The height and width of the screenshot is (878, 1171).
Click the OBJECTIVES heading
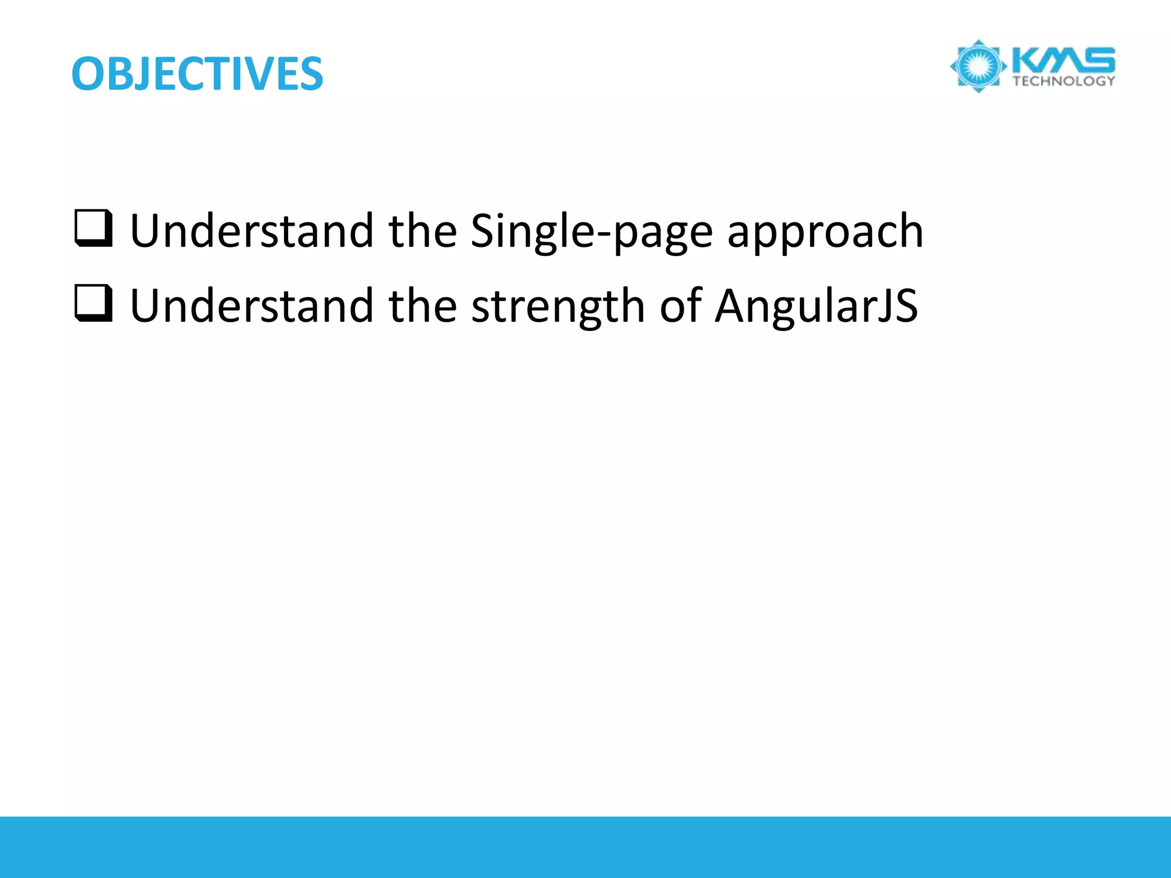[197, 74]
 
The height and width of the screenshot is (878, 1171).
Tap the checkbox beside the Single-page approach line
[93, 229]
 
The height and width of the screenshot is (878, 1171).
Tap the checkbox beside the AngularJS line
[93, 304]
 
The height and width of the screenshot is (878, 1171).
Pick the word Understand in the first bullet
[252, 231]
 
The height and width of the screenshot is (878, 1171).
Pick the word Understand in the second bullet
[252, 306]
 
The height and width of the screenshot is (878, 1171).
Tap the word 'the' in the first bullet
[423, 231]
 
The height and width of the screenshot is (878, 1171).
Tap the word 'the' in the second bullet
[423, 306]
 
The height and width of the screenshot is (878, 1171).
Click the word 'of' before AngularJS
[680, 306]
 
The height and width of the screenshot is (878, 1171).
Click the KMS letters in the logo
[1063, 61]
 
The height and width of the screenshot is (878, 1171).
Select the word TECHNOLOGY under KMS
[1064, 81]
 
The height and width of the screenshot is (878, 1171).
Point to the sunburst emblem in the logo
[978, 66]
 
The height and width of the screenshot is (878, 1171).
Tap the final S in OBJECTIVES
[309, 75]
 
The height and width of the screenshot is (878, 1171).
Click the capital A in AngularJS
[732, 306]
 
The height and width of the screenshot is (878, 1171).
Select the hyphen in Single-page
[603, 234]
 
